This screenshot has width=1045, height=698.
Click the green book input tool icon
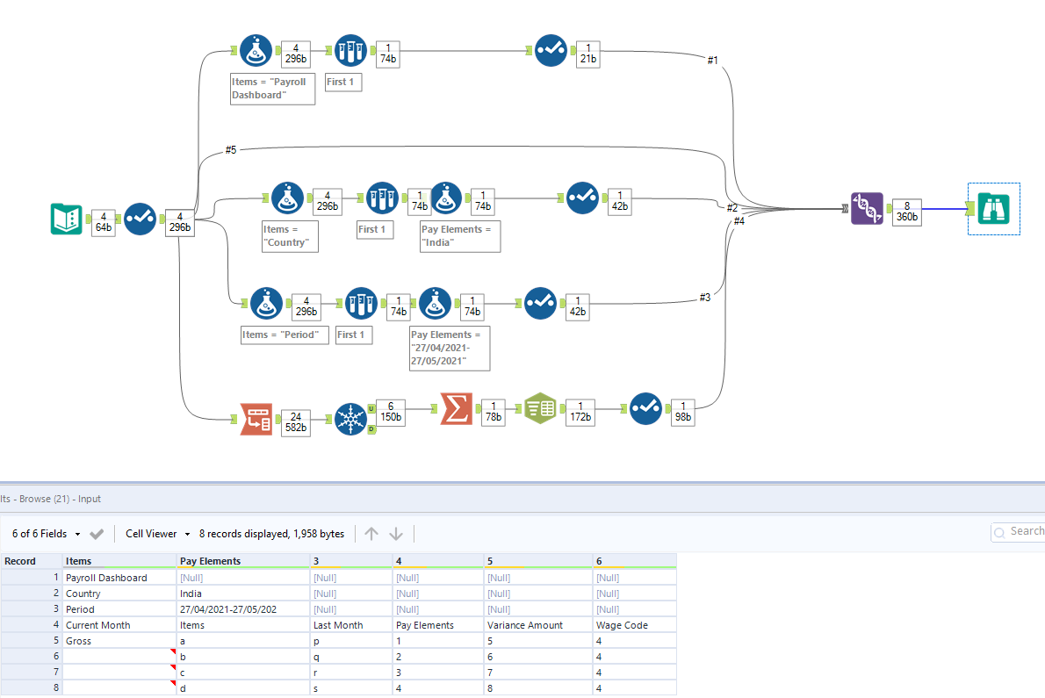click(67, 219)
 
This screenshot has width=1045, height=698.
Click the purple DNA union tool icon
click(867, 209)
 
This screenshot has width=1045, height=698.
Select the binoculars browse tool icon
click(993, 209)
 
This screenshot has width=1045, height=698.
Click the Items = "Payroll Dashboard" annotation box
click(272, 88)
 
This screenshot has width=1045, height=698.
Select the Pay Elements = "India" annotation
click(459, 235)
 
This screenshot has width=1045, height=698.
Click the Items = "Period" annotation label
click(285, 335)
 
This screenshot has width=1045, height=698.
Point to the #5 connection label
click(230, 150)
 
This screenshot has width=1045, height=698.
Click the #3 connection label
click(704, 298)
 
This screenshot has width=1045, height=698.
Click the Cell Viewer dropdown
click(158, 534)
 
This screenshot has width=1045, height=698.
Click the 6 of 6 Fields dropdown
click(47, 534)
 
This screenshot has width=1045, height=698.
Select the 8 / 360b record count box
click(906, 211)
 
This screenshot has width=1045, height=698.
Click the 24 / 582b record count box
click(295, 421)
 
